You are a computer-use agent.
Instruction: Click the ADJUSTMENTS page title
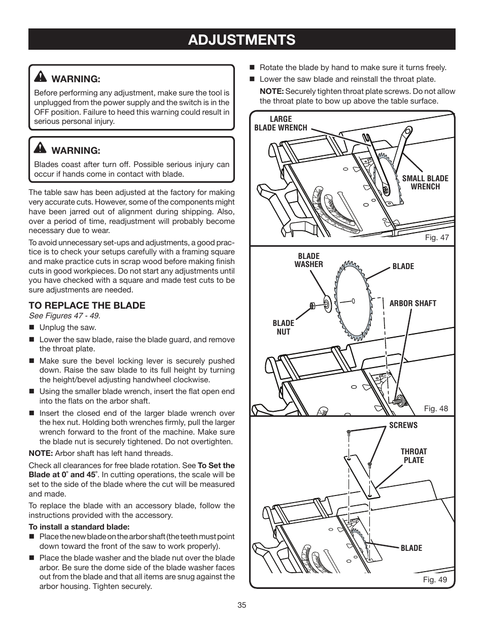[241, 39]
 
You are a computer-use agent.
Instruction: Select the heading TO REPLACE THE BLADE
[87, 305]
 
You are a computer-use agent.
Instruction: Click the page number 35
[241, 605]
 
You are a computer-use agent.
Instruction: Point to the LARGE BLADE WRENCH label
[281, 123]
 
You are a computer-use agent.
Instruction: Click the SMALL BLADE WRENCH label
[425, 182]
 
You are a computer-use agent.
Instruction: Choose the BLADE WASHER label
[308, 260]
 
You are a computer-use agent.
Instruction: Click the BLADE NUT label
[283, 327]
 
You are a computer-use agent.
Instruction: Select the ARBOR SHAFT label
[412, 303]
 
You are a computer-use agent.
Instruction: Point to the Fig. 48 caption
[436, 408]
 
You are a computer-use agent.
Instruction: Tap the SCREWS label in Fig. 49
[403, 425]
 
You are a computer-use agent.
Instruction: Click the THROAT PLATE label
[413, 455]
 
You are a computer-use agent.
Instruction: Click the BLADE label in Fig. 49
[411, 548]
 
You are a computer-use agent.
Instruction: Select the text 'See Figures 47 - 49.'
[64, 316]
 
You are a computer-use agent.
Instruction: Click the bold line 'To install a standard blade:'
[79, 526]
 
